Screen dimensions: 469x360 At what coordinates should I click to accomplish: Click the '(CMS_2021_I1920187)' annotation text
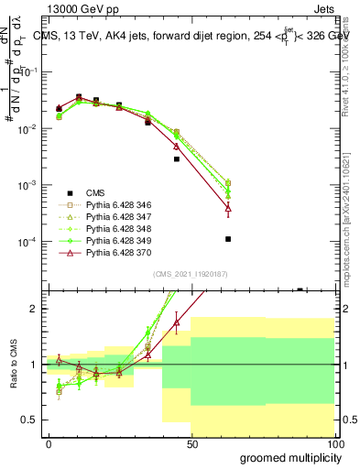pos(190,274)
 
